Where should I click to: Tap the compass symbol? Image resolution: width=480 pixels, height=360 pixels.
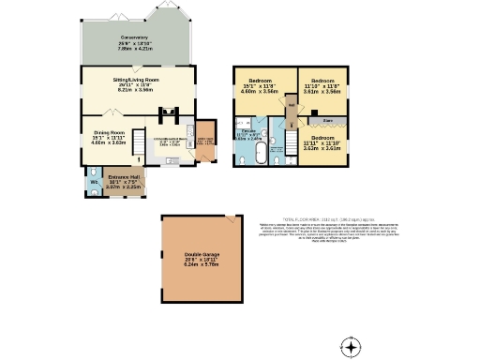(351, 347)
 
